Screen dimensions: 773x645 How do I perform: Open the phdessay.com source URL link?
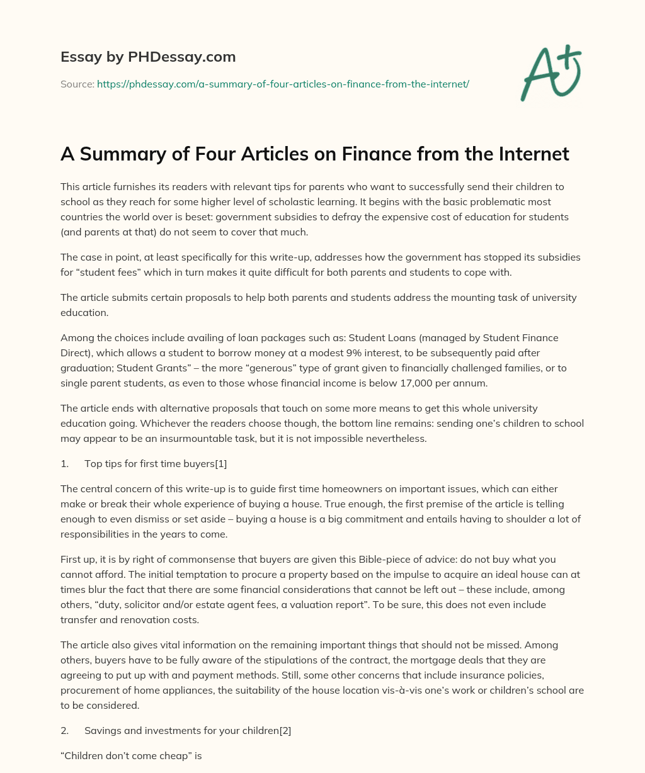283,84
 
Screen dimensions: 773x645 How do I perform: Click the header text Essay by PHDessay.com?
148,57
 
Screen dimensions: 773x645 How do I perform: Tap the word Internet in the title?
530,154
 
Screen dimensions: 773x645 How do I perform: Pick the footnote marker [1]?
220,464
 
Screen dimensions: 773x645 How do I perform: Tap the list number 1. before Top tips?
65,464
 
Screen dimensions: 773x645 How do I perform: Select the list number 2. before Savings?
65,731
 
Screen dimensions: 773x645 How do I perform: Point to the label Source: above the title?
77,84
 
